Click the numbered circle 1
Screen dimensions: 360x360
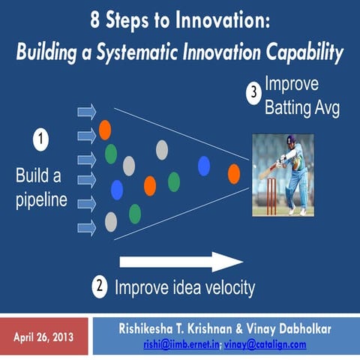point(39,139)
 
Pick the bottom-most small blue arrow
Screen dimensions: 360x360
point(87,228)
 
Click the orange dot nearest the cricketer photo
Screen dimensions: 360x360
point(234,174)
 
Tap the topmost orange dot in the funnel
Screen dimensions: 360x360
point(105,129)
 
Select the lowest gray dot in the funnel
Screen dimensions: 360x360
point(111,221)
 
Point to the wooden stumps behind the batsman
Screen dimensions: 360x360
point(270,195)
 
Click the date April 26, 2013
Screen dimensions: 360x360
point(43,337)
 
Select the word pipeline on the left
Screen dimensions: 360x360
point(42,201)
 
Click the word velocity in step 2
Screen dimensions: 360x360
point(225,287)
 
